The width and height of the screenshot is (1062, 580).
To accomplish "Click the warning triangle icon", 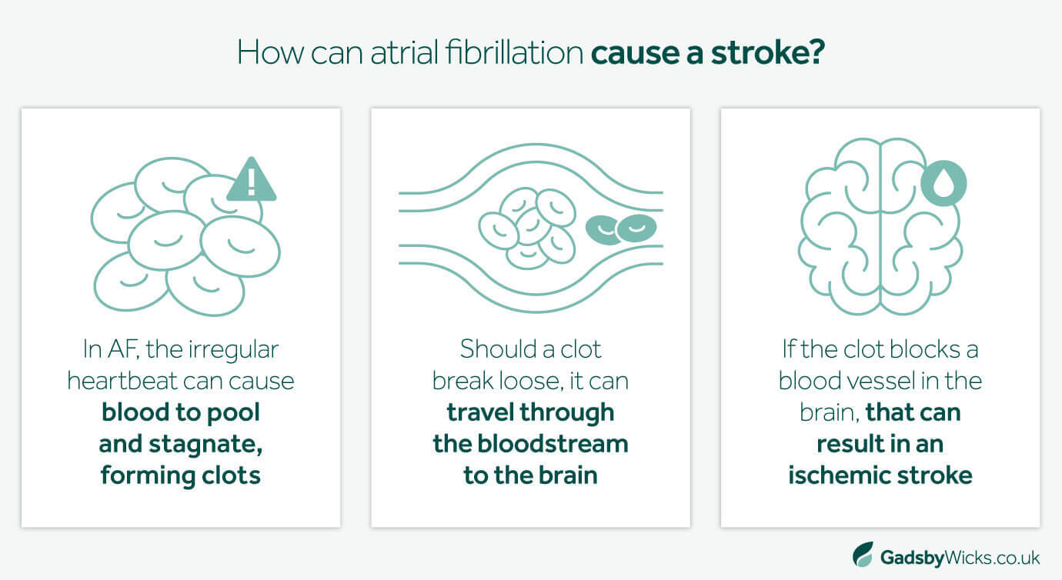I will (x=251, y=182).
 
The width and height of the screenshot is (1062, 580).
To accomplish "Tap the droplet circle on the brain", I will (x=943, y=183).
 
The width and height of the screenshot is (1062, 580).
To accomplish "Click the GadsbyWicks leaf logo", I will (x=863, y=555).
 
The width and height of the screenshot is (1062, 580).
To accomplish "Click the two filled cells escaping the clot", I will (x=620, y=228).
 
